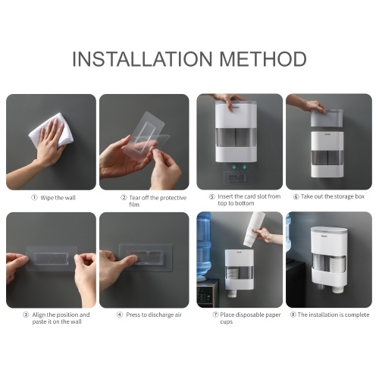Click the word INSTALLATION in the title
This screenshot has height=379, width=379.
pos(143,59)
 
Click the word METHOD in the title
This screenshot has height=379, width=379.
pos(263,59)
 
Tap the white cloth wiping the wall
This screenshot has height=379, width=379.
pos(52,131)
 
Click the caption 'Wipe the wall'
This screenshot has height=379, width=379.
pos(58,198)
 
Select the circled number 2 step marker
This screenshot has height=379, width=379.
pos(124,198)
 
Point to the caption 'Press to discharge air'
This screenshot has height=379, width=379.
pos(154,315)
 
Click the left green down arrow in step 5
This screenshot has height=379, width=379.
pos(234,167)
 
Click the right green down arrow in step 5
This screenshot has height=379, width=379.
pos(244,167)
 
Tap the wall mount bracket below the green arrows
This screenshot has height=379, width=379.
pos(236,178)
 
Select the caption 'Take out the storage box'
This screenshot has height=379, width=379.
pos(333,196)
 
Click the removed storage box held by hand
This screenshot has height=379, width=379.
pos(327,118)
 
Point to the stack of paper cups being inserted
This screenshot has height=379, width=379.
pos(253,230)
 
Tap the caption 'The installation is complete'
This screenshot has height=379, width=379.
pos(334,315)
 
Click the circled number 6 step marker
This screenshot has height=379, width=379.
pos(296,196)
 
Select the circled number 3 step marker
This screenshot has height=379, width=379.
pos(26,315)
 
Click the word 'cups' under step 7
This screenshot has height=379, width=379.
pos(226,322)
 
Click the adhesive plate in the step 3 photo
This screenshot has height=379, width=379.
pos(52,258)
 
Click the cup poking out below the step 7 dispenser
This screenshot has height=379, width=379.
pos(232,293)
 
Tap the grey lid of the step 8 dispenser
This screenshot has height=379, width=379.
pos(329,230)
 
